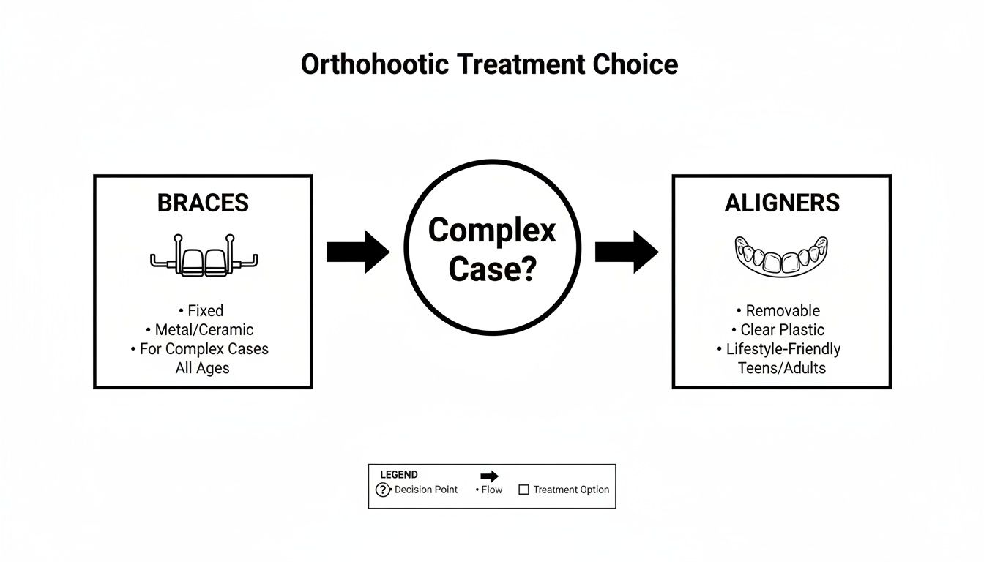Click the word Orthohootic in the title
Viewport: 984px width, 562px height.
(x=374, y=64)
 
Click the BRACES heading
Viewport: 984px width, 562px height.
(x=203, y=203)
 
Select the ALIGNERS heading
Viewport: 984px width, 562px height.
(x=782, y=203)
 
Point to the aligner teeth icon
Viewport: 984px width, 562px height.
(x=781, y=256)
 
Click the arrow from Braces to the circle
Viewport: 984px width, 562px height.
(x=357, y=252)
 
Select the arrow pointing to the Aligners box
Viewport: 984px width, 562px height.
(x=626, y=252)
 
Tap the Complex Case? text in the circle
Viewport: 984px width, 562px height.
(x=492, y=250)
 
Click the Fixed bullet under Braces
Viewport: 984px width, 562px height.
(x=205, y=310)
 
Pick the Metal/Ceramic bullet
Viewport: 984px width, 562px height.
(x=204, y=329)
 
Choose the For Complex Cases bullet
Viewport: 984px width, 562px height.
(x=204, y=349)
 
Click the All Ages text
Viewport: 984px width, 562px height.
(x=202, y=368)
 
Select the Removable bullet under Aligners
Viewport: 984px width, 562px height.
(x=782, y=310)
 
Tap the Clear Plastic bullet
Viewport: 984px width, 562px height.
(x=782, y=329)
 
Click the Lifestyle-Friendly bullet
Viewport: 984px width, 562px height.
(x=782, y=349)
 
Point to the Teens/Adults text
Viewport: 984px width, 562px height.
(x=782, y=368)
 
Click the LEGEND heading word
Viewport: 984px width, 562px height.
(x=399, y=475)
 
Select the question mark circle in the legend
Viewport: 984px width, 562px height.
(x=383, y=490)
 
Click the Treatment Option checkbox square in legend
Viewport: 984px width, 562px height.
(x=523, y=490)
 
